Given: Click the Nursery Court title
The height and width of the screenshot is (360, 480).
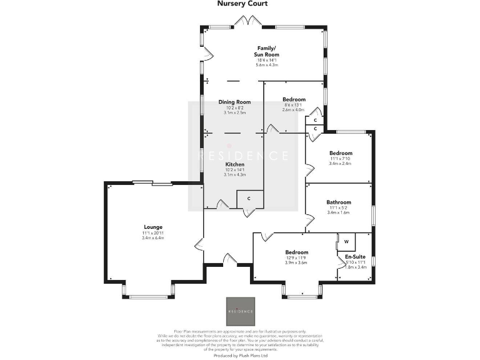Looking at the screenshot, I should pos(242,4).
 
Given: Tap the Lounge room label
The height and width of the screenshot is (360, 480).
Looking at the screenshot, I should pos(152,227).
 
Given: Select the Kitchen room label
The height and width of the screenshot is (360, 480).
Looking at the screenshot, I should pos(235,164).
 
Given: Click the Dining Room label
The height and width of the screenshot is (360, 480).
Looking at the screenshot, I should pos(234,102).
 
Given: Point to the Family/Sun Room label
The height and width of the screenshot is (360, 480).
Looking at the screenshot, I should pos(267,51).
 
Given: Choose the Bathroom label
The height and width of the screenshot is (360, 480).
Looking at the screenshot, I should pos(339,202).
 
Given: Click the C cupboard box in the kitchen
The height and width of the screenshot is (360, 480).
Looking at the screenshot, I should pos(249,199).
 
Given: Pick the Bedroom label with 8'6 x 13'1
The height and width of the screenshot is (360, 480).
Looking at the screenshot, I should pos(293,99).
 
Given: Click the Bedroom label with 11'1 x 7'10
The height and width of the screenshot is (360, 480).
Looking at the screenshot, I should pos(341,153).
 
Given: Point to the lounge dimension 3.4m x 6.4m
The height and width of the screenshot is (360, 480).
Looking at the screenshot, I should pos(152,238).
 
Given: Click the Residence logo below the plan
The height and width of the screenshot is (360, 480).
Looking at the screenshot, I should pos(240,311).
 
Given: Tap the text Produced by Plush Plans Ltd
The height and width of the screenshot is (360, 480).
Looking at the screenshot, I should pos(240,355).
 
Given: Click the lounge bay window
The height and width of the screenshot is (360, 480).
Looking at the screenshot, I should pos(147,294).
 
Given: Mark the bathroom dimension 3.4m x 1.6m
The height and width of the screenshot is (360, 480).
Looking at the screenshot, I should pos(339,212).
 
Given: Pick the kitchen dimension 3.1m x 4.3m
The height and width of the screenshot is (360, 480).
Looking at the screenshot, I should pos(235,175).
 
